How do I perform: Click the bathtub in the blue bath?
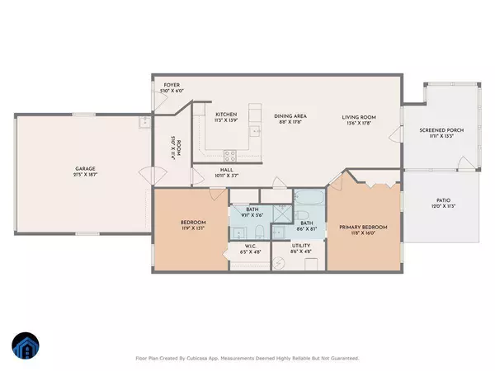click(x=311, y=199)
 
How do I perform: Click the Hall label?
click(x=204, y=172)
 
